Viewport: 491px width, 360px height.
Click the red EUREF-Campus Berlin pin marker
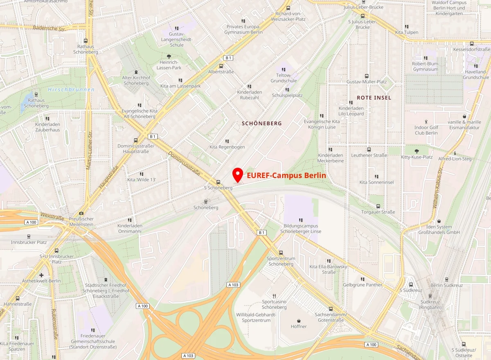coord(237,175)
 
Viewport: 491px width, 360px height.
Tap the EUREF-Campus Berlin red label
coord(286,175)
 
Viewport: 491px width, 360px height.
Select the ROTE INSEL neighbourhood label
coord(374,98)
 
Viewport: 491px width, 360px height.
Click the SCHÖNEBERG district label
coord(262,123)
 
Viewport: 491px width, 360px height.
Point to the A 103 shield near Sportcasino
coord(233,285)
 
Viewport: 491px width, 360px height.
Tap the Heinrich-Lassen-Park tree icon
coord(169,56)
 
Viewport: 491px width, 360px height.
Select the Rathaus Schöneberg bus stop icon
coord(86,41)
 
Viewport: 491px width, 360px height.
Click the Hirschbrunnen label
coord(71,90)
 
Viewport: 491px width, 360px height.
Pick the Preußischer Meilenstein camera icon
coord(81,213)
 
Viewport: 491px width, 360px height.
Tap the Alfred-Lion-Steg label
coord(455,159)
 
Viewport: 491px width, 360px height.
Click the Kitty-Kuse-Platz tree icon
coord(417,151)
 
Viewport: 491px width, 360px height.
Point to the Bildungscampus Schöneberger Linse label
coord(301,229)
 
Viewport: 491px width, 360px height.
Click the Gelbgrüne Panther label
coord(363,285)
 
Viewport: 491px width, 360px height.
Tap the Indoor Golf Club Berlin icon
coord(426,122)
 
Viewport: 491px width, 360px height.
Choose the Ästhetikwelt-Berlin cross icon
coord(41,275)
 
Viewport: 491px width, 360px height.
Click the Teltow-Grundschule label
coord(284,78)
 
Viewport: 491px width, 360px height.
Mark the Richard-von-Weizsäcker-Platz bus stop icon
coord(288,8)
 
